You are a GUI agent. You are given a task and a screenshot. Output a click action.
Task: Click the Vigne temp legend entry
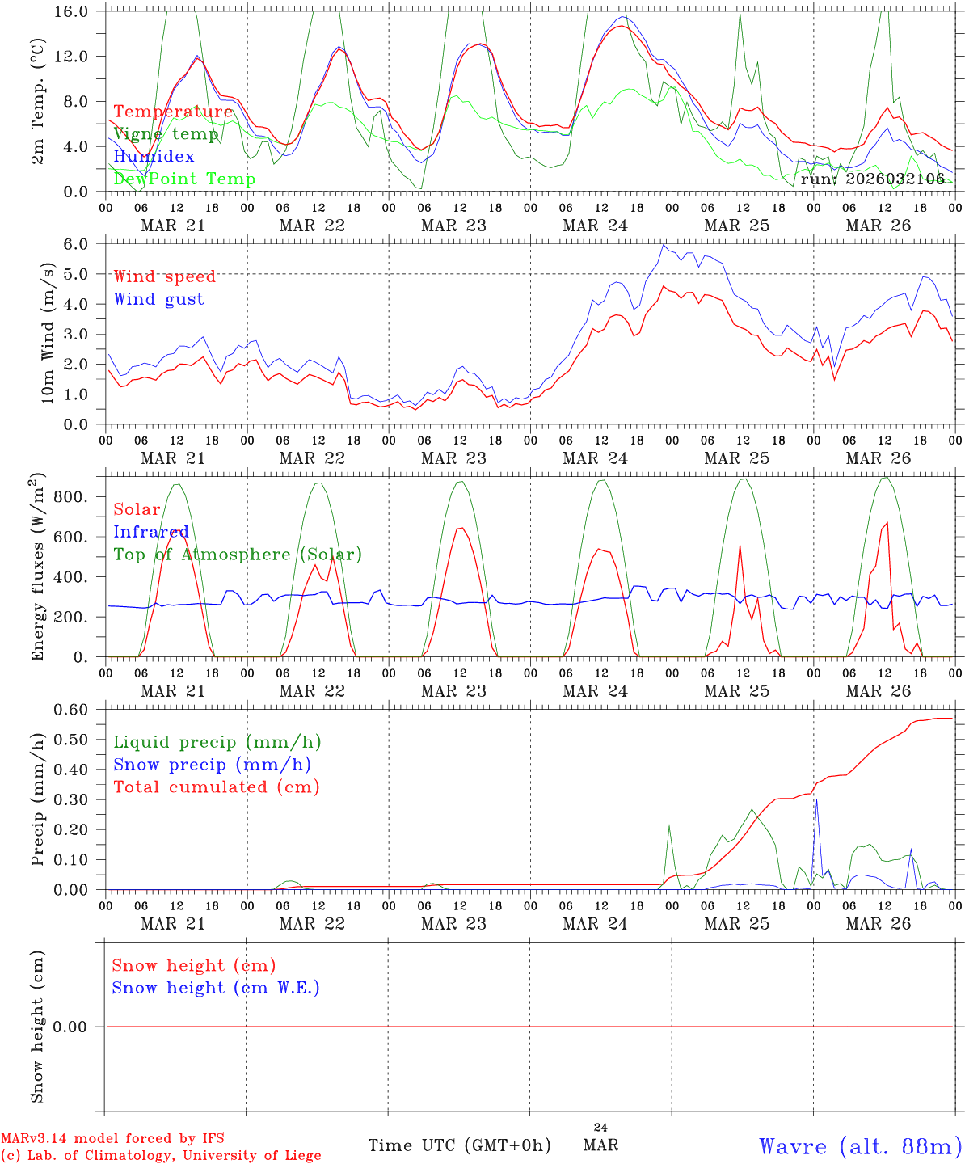[166, 134]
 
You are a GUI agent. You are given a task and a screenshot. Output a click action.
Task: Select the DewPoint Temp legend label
[184, 179]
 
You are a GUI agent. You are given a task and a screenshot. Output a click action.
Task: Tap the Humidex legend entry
[154, 156]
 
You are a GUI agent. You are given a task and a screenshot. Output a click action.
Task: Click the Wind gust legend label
[158, 299]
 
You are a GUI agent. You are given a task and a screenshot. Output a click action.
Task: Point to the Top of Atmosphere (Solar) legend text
[237, 555]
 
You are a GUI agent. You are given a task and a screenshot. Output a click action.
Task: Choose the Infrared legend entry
[150, 532]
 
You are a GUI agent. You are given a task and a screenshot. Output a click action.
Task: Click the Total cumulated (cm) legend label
[216, 787]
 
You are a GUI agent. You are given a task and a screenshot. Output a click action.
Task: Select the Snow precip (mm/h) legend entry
[212, 765]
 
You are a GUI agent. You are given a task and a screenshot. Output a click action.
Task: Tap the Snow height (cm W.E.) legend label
[215, 988]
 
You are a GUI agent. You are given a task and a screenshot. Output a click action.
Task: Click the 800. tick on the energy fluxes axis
[71, 496]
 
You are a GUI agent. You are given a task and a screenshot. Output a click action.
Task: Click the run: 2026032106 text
[872, 179]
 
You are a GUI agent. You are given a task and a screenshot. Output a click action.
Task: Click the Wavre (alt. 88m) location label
[860, 1146]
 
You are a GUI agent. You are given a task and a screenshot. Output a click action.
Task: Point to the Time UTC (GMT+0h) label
[459, 1145]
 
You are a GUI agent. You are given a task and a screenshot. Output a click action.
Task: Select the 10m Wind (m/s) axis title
[48, 332]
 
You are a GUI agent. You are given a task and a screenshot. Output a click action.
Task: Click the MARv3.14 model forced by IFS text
[112, 1138]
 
